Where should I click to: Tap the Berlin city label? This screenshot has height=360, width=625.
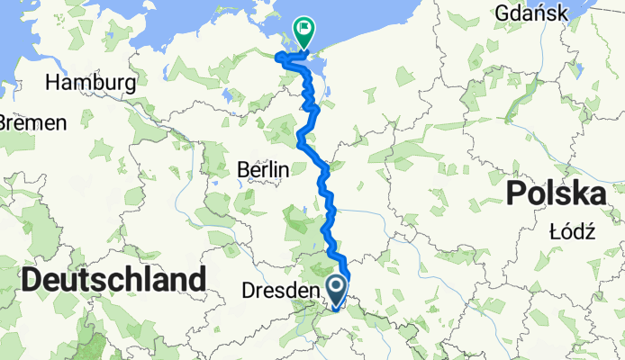[x=262, y=168]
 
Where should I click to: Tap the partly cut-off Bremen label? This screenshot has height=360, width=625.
[x=32, y=121]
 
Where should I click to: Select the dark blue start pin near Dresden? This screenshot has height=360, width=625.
[x=337, y=291]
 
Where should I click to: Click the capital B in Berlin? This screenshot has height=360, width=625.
[x=242, y=168]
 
